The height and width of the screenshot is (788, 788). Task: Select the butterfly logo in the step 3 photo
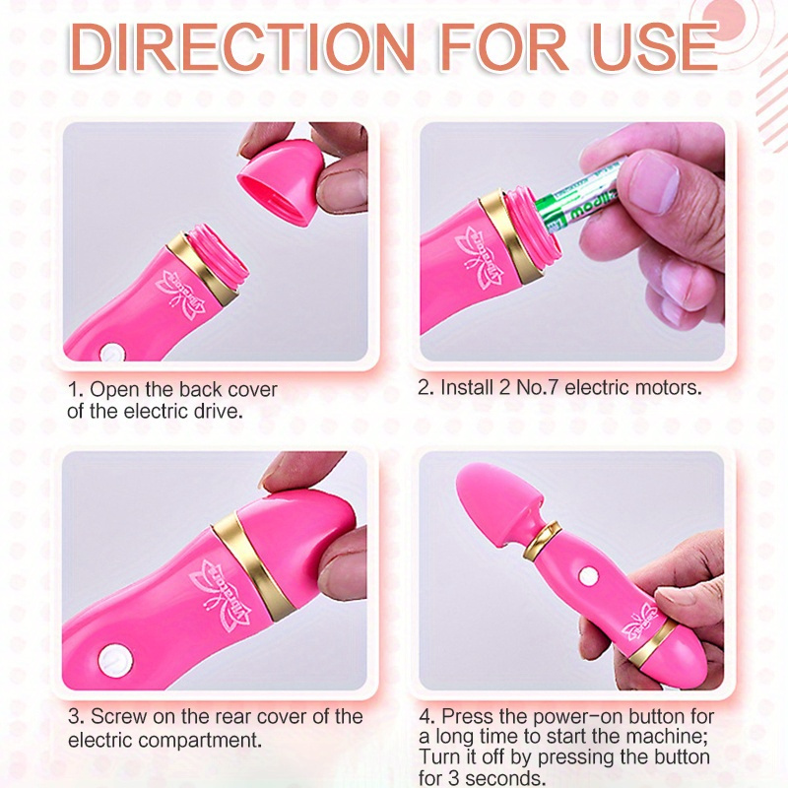224,591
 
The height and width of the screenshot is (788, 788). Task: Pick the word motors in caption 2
671,387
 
